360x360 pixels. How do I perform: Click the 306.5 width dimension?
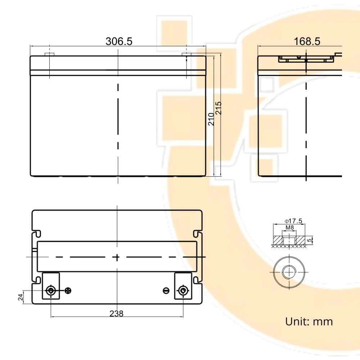(x=119, y=41)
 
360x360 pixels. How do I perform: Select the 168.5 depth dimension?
(x=307, y=41)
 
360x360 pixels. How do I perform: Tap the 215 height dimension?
(x=219, y=108)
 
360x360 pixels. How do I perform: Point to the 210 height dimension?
(x=211, y=119)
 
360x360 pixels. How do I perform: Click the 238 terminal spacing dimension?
(x=116, y=314)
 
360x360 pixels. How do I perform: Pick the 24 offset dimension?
(x=21, y=297)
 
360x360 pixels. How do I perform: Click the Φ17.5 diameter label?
(x=294, y=221)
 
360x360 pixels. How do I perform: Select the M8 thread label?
(x=289, y=228)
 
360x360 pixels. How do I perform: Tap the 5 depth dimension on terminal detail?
(x=310, y=240)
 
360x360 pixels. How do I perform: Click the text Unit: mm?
(x=309, y=321)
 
